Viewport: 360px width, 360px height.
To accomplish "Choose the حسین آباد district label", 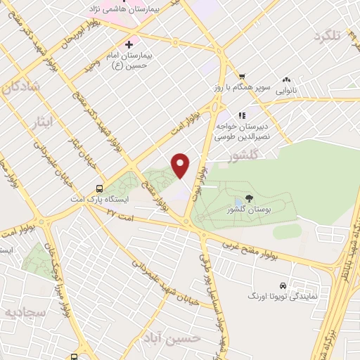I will tap(180, 338).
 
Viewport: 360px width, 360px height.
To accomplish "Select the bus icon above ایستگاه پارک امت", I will tap(99, 188).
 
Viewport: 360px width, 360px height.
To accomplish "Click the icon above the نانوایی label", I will tap(287, 79).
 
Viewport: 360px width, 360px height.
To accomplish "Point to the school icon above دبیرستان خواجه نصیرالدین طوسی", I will tap(241, 115).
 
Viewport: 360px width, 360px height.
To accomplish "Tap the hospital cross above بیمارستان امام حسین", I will tap(129, 44).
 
